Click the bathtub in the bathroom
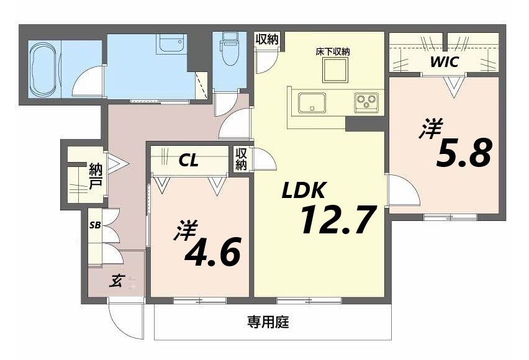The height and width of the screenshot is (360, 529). point(43,68)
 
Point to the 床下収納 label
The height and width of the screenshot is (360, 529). point(332,52)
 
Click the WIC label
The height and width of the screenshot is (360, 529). point(445,62)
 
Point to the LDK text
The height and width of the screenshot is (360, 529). point(304,191)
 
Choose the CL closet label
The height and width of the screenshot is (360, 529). point(188,161)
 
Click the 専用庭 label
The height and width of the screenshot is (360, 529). point(268,322)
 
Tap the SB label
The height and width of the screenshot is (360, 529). point(95,225)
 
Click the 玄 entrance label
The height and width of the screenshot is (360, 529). point(116,281)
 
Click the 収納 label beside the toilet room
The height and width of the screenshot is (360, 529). point(267,39)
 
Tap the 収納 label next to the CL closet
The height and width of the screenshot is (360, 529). point(242,159)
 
